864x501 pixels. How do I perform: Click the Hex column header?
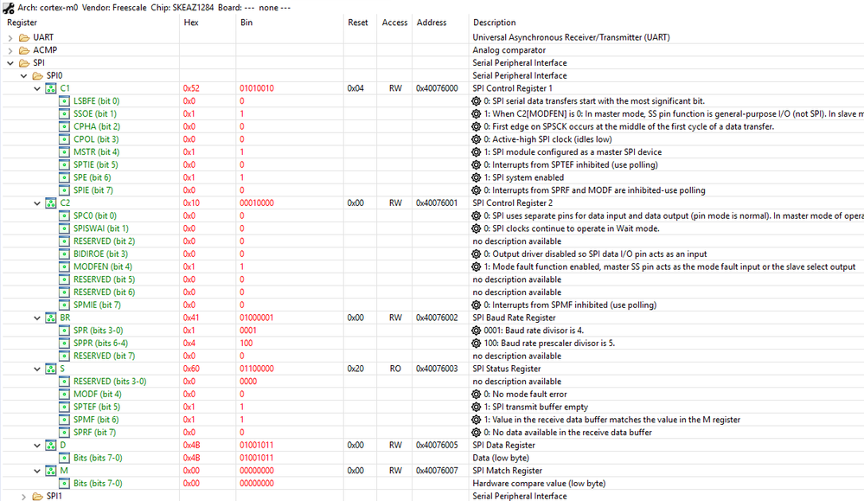[x=191, y=22]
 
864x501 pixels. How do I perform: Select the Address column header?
[x=431, y=22]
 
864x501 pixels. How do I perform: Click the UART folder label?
[x=43, y=37]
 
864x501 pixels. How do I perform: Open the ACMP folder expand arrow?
[x=10, y=50]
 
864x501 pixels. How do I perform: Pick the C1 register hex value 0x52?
[x=191, y=88]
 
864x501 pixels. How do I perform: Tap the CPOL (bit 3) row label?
[x=96, y=139]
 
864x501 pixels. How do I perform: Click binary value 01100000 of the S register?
[x=257, y=369]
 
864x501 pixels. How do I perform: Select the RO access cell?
[x=394, y=369]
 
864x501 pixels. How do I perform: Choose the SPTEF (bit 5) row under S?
[x=97, y=407]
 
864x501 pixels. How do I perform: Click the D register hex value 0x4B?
[x=191, y=445]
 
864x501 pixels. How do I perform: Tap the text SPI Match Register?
[x=507, y=471]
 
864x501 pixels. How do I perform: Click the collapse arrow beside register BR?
[x=36, y=318]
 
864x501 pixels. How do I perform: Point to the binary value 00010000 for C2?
[x=257, y=203]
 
